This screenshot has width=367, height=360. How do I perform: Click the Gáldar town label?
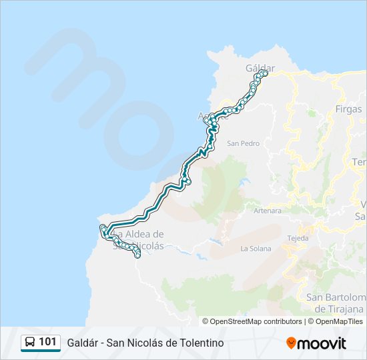point(260,68)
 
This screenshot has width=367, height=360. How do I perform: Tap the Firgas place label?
point(349,109)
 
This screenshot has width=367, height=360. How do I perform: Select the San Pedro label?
point(243,143)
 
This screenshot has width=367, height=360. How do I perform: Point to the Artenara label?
point(268,211)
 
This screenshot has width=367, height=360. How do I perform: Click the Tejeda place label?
point(298,238)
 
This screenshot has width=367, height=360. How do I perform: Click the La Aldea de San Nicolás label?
point(140,240)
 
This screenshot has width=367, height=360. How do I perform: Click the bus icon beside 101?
point(30,343)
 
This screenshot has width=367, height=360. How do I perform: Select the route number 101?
point(47,342)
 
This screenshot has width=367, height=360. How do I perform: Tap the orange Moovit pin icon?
point(291,343)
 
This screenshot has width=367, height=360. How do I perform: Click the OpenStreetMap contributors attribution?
point(256,321)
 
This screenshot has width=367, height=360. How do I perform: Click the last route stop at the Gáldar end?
point(264,74)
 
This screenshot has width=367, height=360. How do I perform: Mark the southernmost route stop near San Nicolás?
point(138,255)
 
